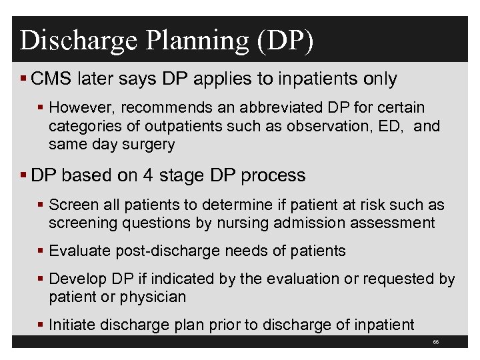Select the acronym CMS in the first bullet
click(51, 79)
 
